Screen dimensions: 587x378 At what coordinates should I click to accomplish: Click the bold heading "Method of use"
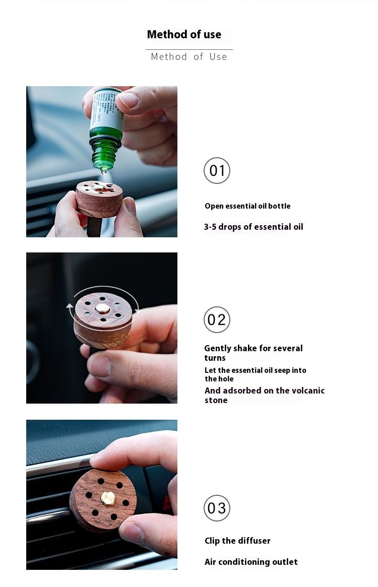184,35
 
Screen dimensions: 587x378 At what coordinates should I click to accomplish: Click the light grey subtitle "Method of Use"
189,57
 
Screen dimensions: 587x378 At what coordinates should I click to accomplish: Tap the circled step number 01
217,171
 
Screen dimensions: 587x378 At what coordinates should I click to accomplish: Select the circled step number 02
217,320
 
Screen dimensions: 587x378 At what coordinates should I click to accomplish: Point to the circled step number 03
217,508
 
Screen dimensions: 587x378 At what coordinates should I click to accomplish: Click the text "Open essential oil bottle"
247,206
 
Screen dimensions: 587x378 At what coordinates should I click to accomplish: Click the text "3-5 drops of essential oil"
254,227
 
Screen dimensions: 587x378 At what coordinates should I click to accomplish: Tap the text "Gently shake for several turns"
253,353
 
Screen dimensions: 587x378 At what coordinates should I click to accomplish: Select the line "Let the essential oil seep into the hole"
255,374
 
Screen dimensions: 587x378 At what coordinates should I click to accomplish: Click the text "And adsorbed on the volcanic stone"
264,395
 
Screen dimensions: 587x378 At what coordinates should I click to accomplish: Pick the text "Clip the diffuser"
237,541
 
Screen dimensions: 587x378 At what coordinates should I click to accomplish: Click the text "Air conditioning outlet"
251,562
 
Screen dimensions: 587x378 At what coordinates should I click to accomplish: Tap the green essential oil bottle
106,146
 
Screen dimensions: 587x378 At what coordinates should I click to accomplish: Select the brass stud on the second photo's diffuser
103,308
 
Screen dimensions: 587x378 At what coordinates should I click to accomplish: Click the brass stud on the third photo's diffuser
107,498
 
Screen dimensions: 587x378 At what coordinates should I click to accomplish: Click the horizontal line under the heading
189,49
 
